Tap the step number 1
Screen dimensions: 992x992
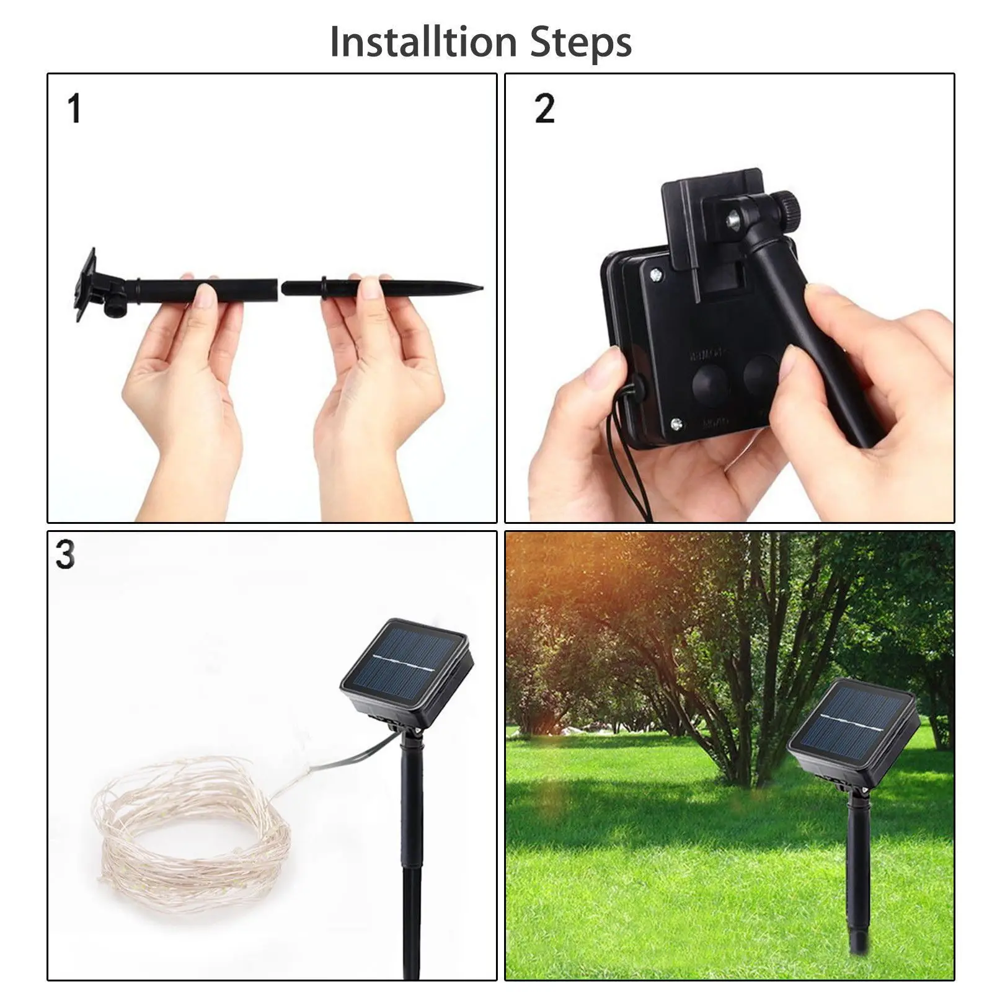tap(74, 108)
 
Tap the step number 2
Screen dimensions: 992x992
tap(544, 108)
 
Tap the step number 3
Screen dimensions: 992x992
tap(64, 555)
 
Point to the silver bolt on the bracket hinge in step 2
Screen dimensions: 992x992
tap(735, 218)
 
